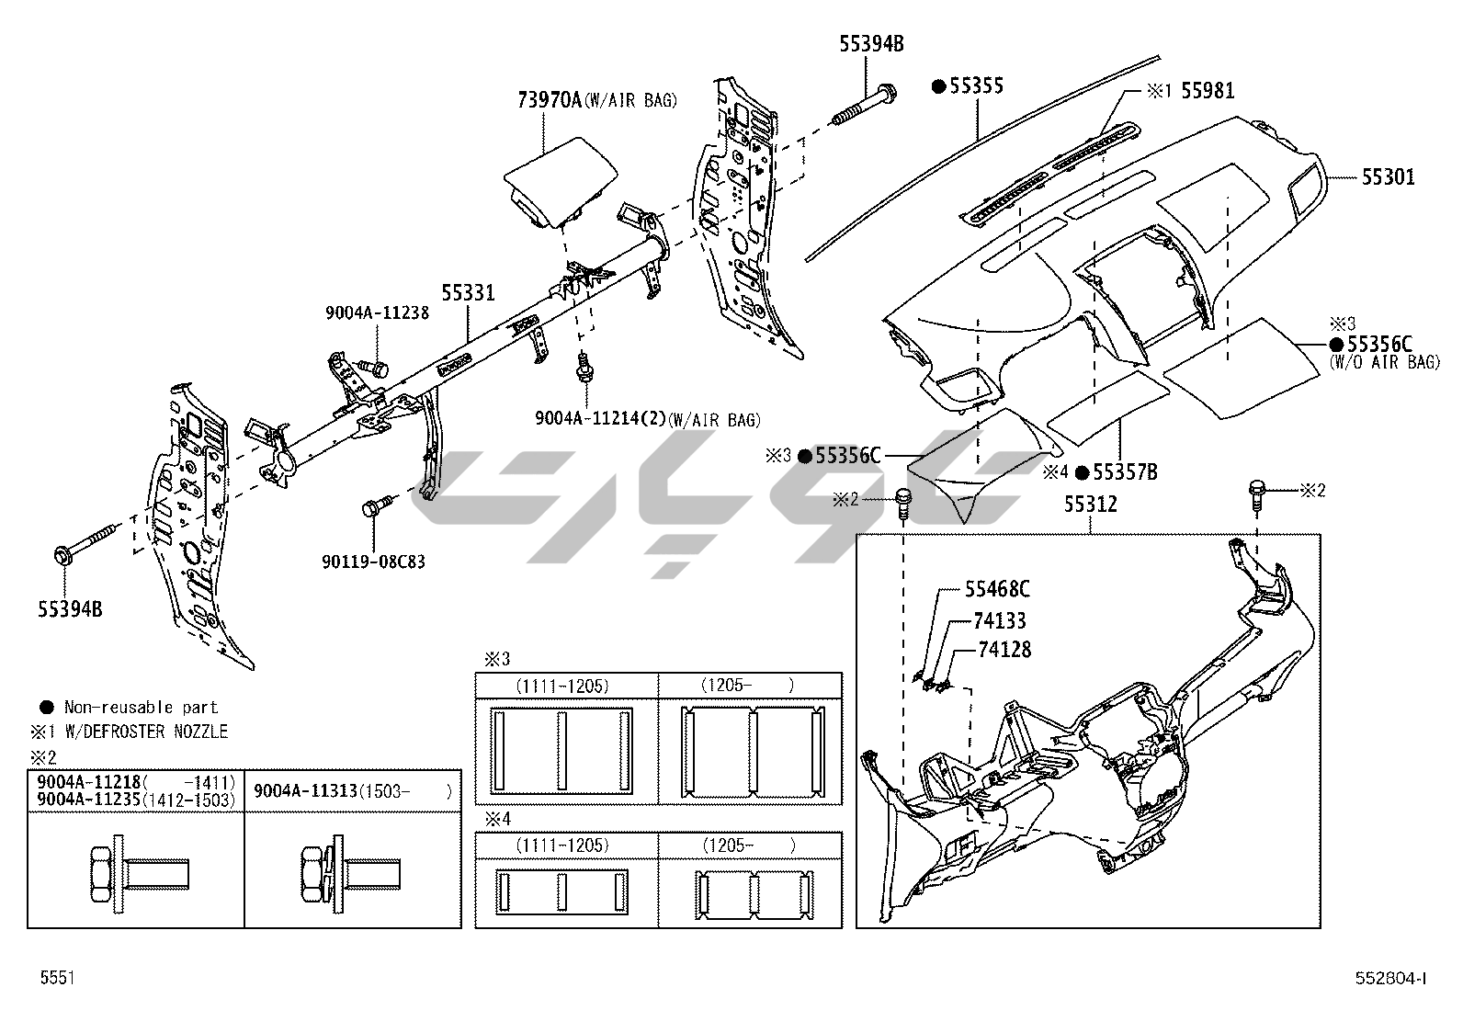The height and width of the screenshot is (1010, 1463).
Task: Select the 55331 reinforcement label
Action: tap(468, 293)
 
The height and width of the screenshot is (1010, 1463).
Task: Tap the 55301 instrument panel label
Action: tap(1388, 177)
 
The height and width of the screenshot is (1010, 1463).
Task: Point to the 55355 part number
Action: tap(976, 85)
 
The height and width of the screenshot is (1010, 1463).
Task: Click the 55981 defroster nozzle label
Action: tap(1208, 90)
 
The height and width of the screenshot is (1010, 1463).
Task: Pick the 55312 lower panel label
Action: tap(1091, 505)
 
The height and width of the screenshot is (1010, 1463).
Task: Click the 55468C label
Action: tap(997, 590)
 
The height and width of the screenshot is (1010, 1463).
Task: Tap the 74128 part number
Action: tap(1004, 650)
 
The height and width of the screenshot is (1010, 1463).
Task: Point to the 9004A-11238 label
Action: tap(377, 312)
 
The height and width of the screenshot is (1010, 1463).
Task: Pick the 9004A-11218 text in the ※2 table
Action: tap(88, 782)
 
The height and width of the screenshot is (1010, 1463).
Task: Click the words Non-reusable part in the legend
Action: tap(141, 707)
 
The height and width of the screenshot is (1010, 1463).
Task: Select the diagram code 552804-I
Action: tap(1389, 979)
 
